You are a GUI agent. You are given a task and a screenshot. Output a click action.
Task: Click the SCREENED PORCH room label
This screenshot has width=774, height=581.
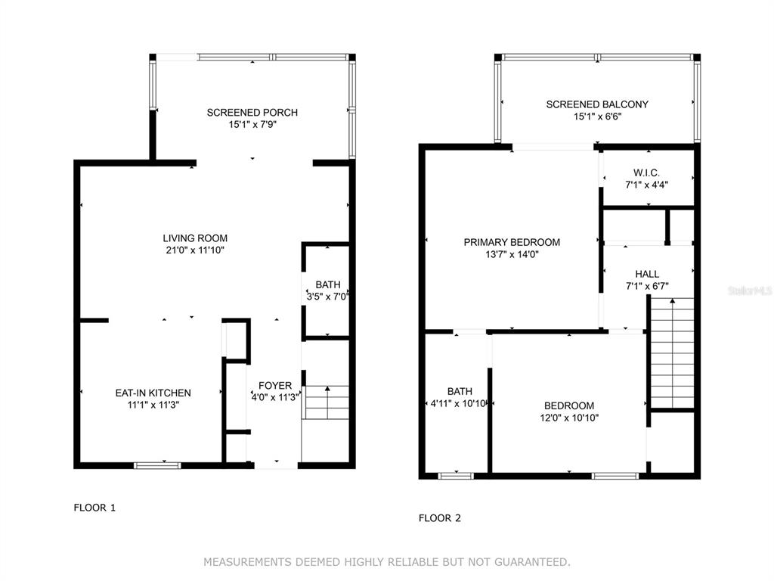click(x=252, y=113)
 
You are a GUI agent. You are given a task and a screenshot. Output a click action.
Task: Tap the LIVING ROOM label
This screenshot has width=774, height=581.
click(x=196, y=238)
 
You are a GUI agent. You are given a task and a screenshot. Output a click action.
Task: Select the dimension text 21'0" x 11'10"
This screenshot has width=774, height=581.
click(x=195, y=250)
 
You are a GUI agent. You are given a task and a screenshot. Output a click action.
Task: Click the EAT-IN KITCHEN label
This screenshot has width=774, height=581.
click(x=153, y=393)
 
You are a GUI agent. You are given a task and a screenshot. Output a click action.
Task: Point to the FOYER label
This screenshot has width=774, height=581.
click(x=275, y=385)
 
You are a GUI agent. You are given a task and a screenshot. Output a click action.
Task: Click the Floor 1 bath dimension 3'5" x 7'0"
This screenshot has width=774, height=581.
click(x=327, y=297)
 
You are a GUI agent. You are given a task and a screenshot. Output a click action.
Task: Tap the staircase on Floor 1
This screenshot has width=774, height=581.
click(x=326, y=402)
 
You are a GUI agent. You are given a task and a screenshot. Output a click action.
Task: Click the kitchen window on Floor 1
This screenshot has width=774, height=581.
click(x=158, y=465)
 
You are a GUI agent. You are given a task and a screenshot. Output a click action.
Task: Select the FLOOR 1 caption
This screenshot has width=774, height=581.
click(x=94, y=508)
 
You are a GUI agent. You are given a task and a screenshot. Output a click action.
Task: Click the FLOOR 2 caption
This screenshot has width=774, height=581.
click(x=439, y=517)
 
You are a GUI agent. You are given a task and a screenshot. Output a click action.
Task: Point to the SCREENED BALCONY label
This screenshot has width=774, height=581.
click(x=597, y=104)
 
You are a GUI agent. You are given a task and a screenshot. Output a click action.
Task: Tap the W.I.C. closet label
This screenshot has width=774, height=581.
click(x=646, y=173)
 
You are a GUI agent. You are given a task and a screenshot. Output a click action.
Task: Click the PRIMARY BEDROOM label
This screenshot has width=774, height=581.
click(x=512, y=242)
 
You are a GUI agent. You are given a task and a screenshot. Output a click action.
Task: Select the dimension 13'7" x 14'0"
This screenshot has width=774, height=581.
click(x=512, y=254)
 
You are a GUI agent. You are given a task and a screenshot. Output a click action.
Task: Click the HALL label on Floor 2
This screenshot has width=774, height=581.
click(x=647, y=274)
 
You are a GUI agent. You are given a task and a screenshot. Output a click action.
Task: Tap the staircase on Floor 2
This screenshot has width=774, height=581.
click(x=672, y=353)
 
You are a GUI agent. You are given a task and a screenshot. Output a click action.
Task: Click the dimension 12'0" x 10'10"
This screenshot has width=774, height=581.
click(x=569, y=418)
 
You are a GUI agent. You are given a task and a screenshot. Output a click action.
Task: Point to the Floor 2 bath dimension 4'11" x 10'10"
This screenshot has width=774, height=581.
click(x=460, y=404)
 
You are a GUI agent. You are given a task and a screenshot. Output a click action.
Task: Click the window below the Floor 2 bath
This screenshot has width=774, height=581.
click(x=456, y=476)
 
